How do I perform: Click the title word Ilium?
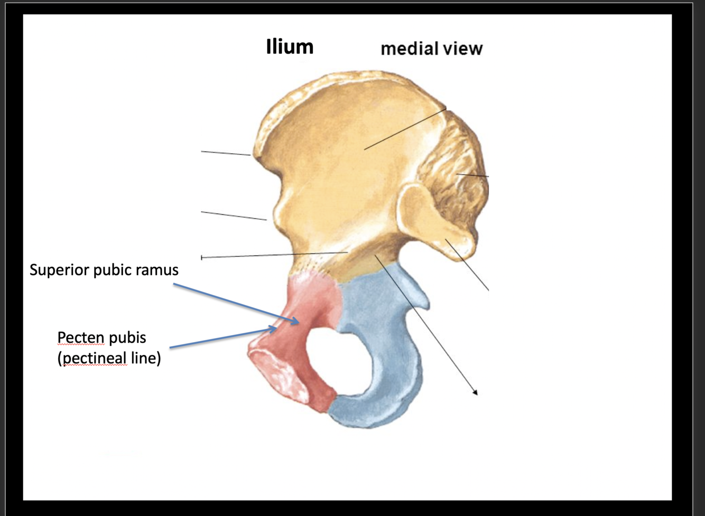(x=290, y=46)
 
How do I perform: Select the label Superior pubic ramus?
(x=104, y=270)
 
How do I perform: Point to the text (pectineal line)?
(x=109, y=358)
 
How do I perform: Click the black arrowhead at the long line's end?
(x=475, y=392)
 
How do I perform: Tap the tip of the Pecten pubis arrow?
(x=276, y=329)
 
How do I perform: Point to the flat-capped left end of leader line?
(x=201, y=258)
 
